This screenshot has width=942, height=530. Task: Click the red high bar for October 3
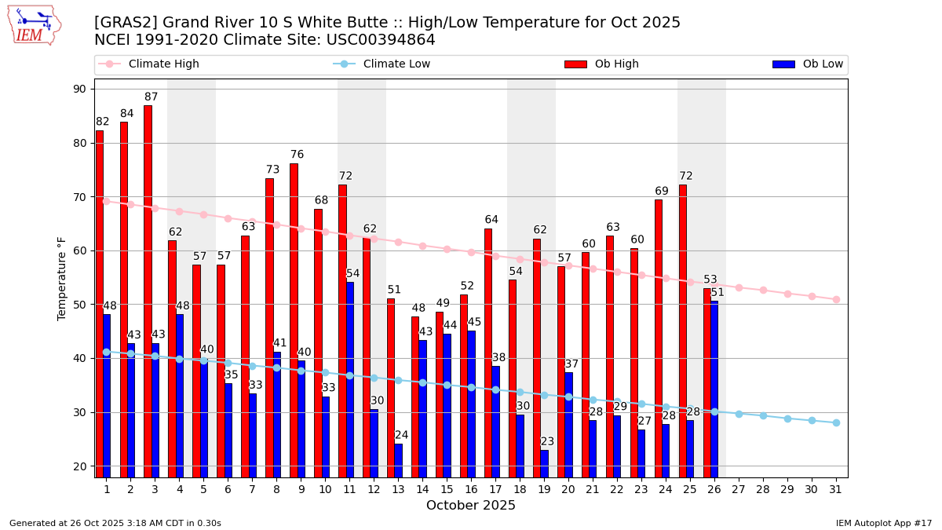(x=148, y=291)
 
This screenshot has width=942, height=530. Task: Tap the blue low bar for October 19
(x=544, y=463)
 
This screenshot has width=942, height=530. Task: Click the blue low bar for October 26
(x=714, y=389)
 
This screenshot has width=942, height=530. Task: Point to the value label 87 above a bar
(x=152, y=97)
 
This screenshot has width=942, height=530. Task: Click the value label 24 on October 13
(x=401, y=435)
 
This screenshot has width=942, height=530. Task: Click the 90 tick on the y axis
(x=79, y=89)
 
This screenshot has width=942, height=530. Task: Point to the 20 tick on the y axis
(x=79, y=466)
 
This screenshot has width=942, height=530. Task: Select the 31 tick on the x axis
(x=836, y=489)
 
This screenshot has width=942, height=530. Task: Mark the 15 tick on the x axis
(x=447, y=489)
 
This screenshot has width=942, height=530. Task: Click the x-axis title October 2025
(x=471, y=506)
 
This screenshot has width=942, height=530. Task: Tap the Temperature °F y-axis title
(x=62, y=278)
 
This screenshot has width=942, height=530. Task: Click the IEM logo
(x=34, y=25)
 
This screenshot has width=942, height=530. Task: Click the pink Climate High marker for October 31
(x=836, y=299)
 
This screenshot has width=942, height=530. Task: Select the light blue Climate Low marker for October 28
(x=763, y=415)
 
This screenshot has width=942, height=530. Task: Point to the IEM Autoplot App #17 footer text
(x=884, y=523)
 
